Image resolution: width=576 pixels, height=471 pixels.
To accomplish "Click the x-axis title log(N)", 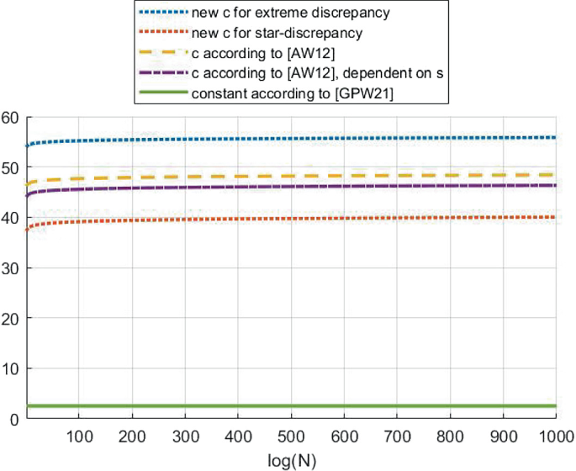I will tap(290, 462).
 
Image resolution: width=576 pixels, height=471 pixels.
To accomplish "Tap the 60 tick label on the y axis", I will tap(10, 117).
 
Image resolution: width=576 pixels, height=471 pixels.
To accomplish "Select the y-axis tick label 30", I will tap(10, 268).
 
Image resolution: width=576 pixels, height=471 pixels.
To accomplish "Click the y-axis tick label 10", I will tap(10, 369).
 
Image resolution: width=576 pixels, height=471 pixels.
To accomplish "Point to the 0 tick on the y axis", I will tap(14, 419).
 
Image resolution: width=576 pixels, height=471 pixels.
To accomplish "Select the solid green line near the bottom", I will tap(294, 406).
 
